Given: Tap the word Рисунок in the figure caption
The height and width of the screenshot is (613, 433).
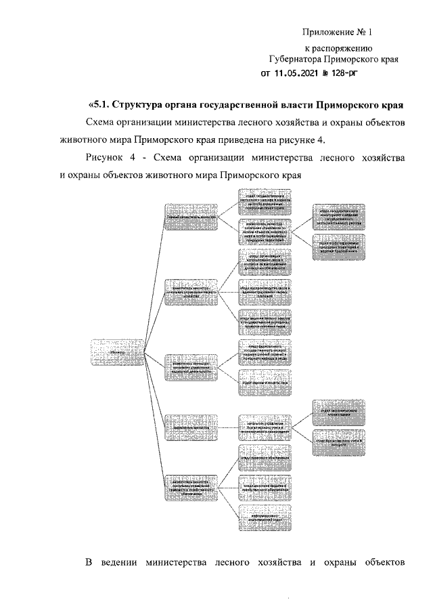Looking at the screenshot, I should tap(109, 158).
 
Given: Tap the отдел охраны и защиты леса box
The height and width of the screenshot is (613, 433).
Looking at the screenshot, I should tap(267, 381).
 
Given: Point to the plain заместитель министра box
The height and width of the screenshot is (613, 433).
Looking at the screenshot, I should tap(192, 428).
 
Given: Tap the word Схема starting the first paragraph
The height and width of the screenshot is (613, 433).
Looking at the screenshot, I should tap(102, 123).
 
